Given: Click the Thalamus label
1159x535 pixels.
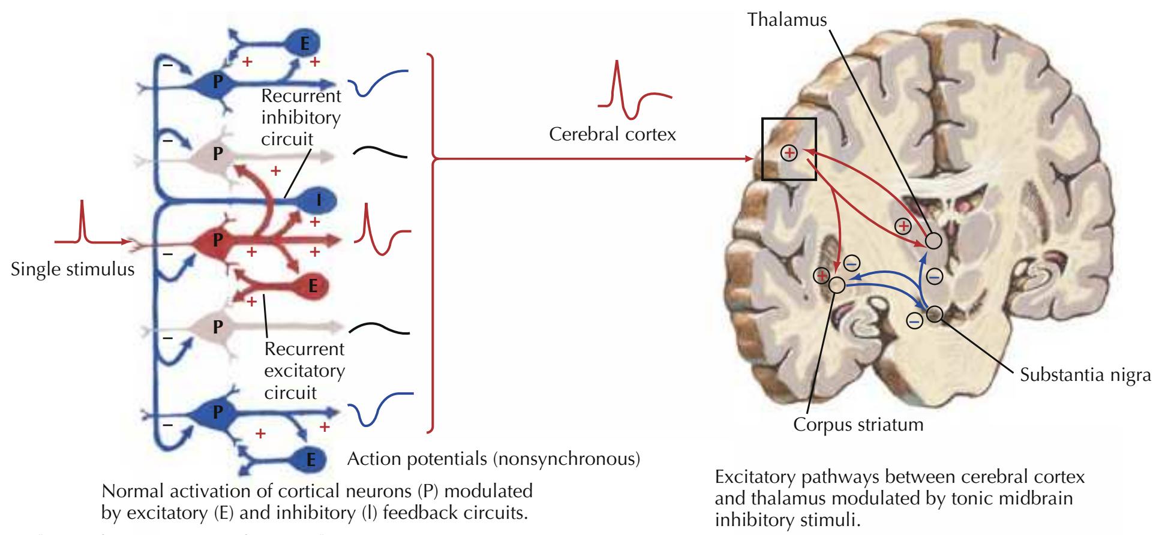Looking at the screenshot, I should tap(786, 20).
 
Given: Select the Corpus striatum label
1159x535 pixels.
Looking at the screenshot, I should tap(858, 425).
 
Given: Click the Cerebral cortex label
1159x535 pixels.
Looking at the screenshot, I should tap(612, 134).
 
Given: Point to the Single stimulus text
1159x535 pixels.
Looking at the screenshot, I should tap(73, 269).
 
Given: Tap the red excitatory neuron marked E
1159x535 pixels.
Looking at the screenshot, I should tap(312, 286).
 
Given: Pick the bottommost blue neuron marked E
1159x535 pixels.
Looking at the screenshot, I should tap(310, 459).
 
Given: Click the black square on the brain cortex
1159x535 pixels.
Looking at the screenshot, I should tap(789, 149).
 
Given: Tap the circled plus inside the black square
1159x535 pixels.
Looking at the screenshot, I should tap(789, 154).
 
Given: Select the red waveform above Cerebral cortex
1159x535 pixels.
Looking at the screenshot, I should tap(634, 93).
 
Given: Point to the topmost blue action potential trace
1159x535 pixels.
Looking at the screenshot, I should tap(378, 83).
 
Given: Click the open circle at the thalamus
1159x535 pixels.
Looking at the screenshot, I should tap(933, 241).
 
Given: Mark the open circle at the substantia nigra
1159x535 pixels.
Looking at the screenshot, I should tap(934, 314).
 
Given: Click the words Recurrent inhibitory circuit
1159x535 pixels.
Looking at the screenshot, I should tap(301, 118).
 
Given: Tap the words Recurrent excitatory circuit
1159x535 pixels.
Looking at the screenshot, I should tap(305, 371).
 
